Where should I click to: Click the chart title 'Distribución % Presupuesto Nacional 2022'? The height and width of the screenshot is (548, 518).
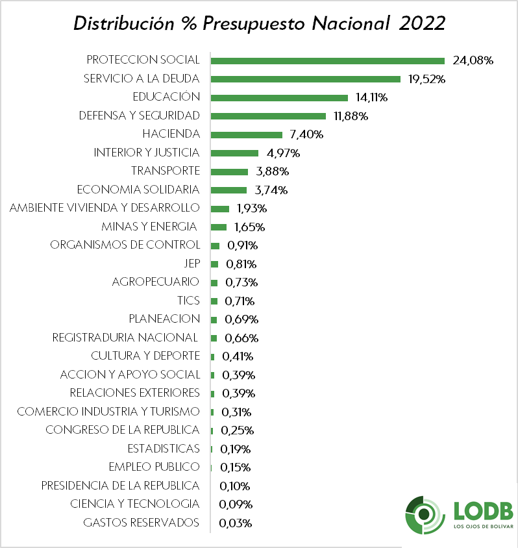[259, 23]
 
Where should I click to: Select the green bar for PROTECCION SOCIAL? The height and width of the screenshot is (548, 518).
[327, 60]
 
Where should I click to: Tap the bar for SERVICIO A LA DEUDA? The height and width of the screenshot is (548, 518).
[305, 79]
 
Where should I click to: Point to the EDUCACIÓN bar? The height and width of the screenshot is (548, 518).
[279, 97]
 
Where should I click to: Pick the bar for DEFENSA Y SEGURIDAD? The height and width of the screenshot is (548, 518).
[268, 116]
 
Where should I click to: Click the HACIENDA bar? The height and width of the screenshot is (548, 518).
[247, 134]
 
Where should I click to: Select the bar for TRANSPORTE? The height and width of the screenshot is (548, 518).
[229, 171]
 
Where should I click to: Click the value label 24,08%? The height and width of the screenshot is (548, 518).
[473, 60]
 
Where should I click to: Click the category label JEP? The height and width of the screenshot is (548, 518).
[192, 264]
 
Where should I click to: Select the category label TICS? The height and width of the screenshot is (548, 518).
[188, 301]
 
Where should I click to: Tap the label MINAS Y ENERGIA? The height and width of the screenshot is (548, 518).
[149, 227]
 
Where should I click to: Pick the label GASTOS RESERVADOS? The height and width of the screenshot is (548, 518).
[142, 523]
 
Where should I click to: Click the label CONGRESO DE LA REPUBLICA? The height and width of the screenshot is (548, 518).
[122, 430]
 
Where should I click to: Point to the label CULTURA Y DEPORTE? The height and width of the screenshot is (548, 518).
[145, 356]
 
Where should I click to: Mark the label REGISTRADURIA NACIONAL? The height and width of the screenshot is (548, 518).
[125, 338]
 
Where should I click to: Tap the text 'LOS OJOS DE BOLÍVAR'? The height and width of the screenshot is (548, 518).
[483, 527]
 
